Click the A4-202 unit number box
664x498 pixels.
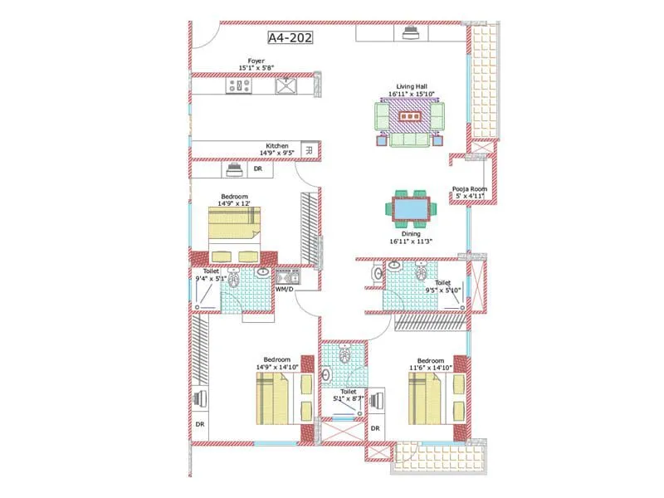(290, 37)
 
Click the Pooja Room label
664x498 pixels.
(468, 188)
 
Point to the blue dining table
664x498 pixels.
(412, 209)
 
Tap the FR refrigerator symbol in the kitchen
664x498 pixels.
(309, 150)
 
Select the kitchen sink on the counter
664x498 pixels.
(286, 85)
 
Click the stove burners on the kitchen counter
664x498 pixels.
(237, 85)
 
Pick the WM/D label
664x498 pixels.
(285, 290)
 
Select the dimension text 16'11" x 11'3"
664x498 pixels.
(411, 242)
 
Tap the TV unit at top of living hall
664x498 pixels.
(409, 33)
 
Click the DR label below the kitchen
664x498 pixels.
(257, 168)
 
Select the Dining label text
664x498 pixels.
(411, 234)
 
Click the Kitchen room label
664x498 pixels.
(277, 145)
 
